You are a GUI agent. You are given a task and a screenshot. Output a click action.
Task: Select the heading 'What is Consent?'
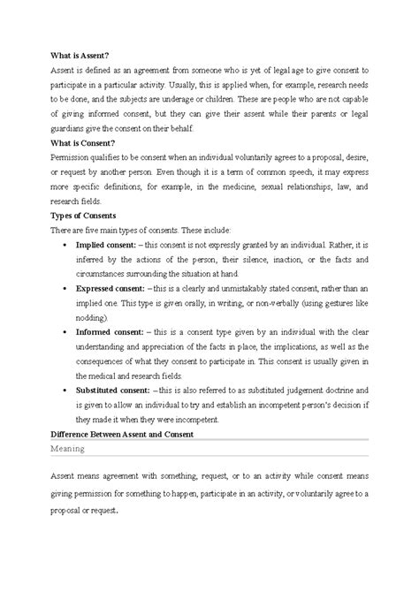coord(63,140)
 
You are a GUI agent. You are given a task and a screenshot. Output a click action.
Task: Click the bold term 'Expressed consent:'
coord(117,287)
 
